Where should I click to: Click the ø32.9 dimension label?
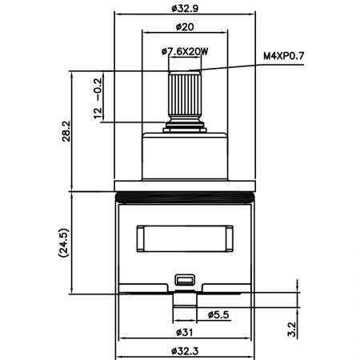pyautogui.click(x=185, y=9)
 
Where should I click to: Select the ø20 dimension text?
pyautogui.click(x=185, y=26)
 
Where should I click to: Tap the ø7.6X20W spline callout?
pyautogui.click(x=185, y=51)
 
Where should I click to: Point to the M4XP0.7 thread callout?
pyautogui.click(x=284, y=56)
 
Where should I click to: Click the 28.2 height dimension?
pyautogui.click(x=66, y=131)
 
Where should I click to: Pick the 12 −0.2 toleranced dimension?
pyautogui.click(x=98, y=98)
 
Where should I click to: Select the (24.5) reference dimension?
pyautogui.click(x=63, y=242)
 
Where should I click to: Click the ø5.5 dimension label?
pyautogui.click(x=218, y=315)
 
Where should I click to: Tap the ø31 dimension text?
pyautogui.click(x=185, y=333)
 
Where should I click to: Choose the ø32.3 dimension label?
pyautogui.click(x=185, y=351)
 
